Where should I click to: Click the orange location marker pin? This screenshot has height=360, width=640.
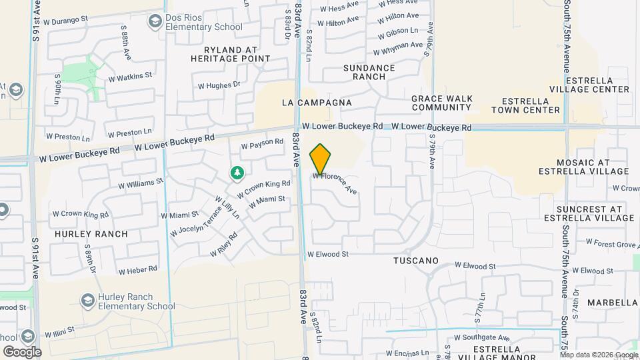[x=321, y=159]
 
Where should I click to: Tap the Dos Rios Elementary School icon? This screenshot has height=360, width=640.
[x=155, y=22]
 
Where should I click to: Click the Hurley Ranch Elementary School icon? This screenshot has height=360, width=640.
[x=87, y=301]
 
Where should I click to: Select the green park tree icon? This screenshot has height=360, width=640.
[x=237, y=173]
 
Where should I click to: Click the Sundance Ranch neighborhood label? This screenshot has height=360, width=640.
[x=369, y=72]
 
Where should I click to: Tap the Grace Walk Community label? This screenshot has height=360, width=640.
[x=442, y=103]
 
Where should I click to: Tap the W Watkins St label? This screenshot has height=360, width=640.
[x=130, y=77]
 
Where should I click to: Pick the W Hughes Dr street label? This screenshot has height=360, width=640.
[x=219, y=85]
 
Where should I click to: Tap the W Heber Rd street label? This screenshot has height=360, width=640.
[x=137, y=270]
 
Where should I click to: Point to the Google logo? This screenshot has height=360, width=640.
[x=22, y=352]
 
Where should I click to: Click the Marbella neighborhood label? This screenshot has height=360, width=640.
[x=612, y=303]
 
